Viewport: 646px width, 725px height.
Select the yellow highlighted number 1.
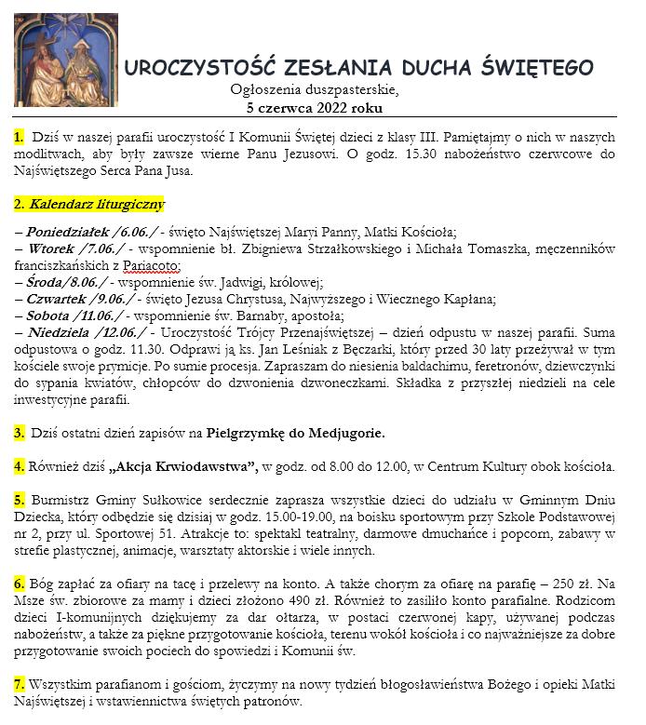(20, 138)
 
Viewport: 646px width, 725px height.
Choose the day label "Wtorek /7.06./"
(81, 248)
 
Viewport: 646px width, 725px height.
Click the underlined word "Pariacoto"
(143, 265)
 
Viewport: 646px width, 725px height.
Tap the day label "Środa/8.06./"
(71, 282)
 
